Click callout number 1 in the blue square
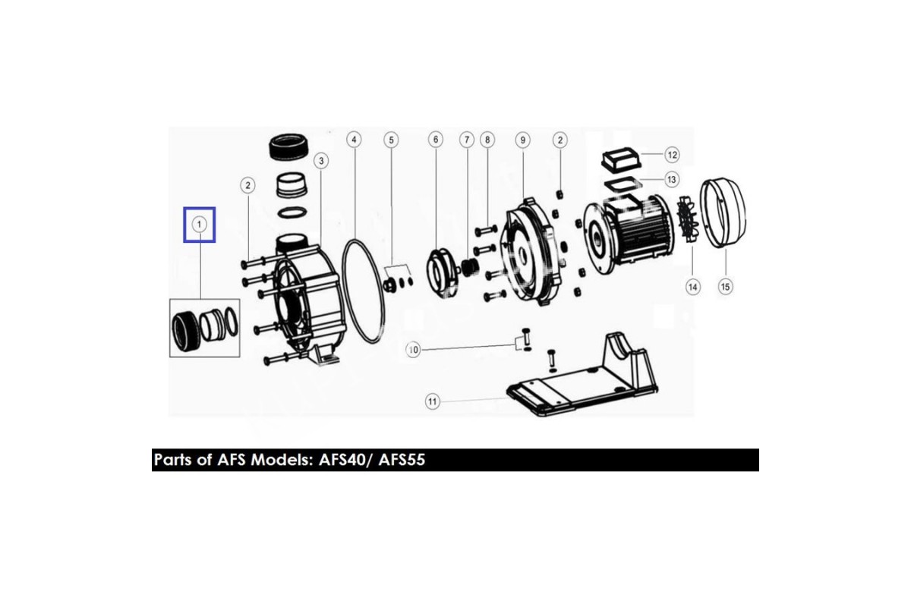pos(199,225)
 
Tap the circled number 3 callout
pos(321,161)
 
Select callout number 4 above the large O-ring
pos(354,140)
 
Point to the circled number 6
pos(436,140)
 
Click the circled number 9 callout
pos(522,140)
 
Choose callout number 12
pos(672,155)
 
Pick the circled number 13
pos(671,179)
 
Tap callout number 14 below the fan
pos(693,287)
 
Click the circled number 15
pos(725,287)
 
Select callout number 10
pos(413,350)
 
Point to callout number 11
pos(432,402)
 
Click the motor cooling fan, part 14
pos(687,220)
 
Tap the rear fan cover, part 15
pos(723,212)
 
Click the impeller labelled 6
pos(442,273)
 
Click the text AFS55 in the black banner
pos(402,460)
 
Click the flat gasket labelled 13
pos(623,184)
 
